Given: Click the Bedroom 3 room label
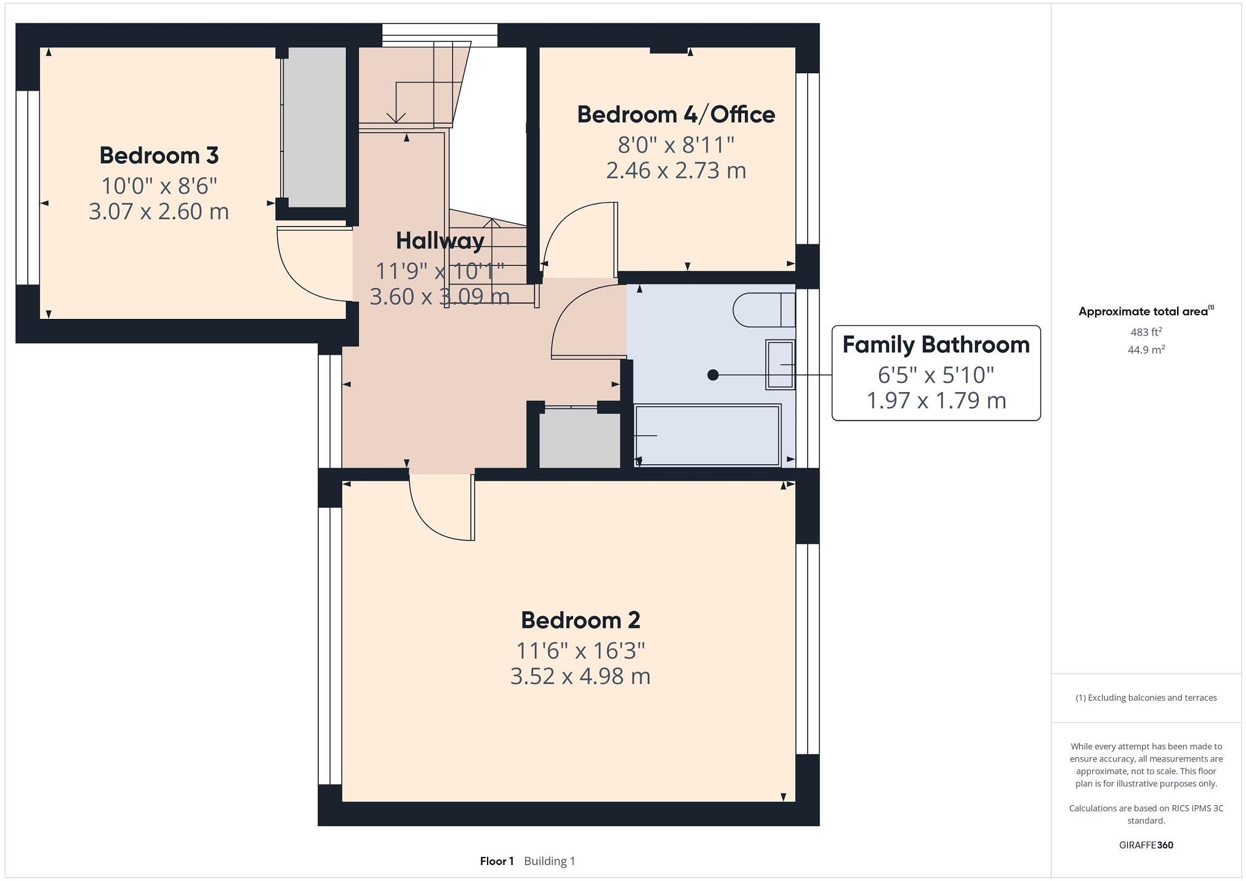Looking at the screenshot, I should pos(159,155).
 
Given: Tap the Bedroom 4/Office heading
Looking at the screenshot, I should pos(675,115).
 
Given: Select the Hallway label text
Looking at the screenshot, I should pos(440,241).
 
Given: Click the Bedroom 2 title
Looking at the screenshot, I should pos(580,620).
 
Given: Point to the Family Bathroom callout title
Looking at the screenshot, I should pos(935,345).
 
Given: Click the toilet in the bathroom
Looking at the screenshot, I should pos(762,310).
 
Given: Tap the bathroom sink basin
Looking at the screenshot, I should pos(780,364).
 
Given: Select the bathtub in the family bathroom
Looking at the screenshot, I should pos(708,435).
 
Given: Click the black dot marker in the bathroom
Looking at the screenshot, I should pos(713,374).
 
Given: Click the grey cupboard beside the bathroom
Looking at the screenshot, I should pos(579,440).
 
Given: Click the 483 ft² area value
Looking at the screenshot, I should pos(1146,332).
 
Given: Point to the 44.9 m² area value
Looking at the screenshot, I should pos(1146,350).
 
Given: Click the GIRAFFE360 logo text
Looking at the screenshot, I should pos(1146,845).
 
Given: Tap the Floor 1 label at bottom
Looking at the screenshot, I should pos(496,861).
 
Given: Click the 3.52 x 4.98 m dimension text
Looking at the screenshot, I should pos(580,676).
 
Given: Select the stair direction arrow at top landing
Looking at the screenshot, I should pos(396,115).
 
